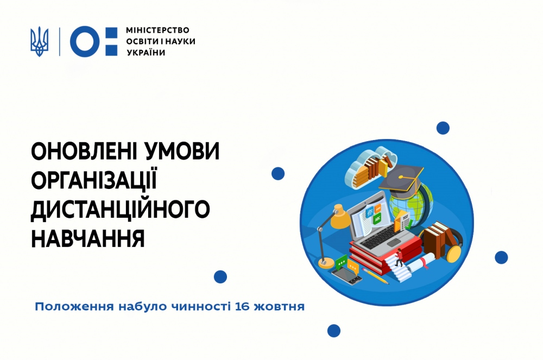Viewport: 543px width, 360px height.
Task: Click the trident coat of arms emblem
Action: point(39,41)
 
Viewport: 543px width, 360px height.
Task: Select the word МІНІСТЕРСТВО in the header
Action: point(157,30)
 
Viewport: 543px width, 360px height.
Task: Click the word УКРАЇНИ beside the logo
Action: point(146,53)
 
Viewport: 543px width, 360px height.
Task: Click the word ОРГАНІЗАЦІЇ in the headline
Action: point(94,180)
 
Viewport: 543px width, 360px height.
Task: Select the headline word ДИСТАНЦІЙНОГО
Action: point(121,209)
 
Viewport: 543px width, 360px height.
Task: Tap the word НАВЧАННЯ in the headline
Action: point(88,238)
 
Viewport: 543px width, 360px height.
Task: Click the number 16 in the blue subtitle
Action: point(242,307)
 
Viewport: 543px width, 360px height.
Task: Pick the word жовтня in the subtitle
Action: point(279,307)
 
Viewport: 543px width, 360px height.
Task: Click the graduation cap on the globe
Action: point(401,179)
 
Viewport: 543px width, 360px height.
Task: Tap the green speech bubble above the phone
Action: point(342,262)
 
